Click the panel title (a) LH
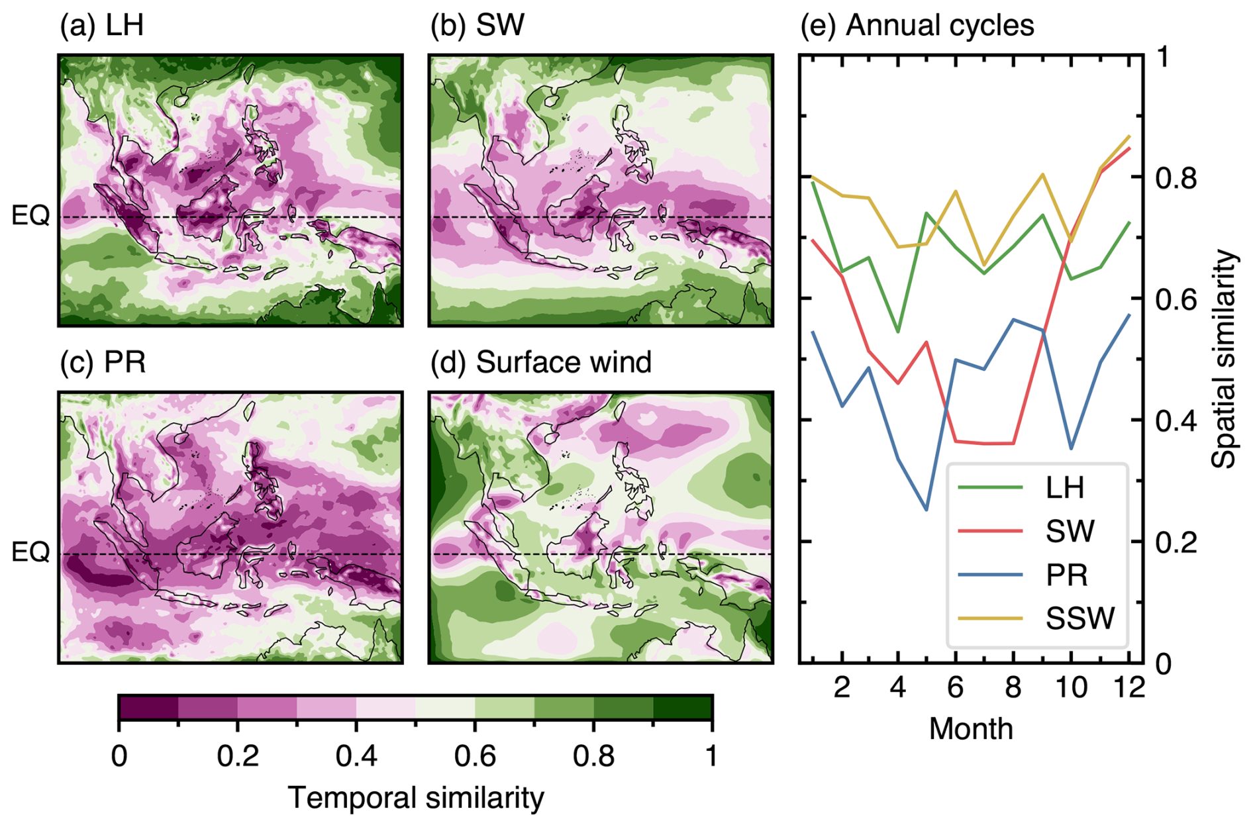(x=101, y=26)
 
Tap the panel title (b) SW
(x=477, y=26)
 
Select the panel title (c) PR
(x=103, y=362)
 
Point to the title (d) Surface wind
(x=540, y=362)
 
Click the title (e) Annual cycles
(x=917, y=26)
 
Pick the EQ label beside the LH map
(x=30, y=215)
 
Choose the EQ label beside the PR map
(x=30, y=552)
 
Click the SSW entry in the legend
(x=1079, y=618)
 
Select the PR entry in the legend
(x=1066, y=575)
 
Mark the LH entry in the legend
(x=1065, y=487)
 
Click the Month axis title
(x=970, y=729)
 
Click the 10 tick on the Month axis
(x=1071, y=688)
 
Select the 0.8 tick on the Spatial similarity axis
(x=1176, y=177)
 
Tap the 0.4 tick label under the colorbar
(x=356, y=755)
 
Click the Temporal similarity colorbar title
(x=415, y=798)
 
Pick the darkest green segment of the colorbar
(x=682, y=708)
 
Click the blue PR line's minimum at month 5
(x=926, y=510)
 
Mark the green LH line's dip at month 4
(x=897, y=332)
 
